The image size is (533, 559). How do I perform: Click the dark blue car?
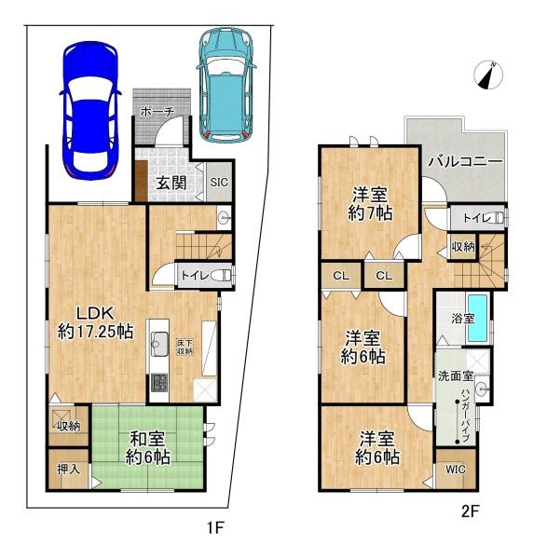pyautogui.click(x=90, y=110)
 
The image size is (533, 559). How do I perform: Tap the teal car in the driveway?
pyautogui.click(x=225, y=86)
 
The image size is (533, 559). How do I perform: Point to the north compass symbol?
pyautogui.click(x=488, y=75)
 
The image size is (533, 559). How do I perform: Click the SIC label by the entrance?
pyautogui.click(x=219, y=183)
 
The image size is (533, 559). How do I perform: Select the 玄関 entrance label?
pyautogui.click(x=171, y=184)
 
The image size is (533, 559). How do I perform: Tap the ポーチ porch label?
pyautogui.click(x=157, y=112)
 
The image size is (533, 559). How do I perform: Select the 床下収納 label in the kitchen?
pyautogui.click(x=184, y=347)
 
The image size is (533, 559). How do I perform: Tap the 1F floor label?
pyautogui.click(x=215, y=527)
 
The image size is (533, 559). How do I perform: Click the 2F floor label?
pyautogui.click(x=470, y=511)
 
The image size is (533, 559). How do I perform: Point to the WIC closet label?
pyautogui.click(x=456, y=470)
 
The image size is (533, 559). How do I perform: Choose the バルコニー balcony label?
pyautogui.click(x=465, y=162)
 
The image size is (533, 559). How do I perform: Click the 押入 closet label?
pyautogui.click(x=68, y=470)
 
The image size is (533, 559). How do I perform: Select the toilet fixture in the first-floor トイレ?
pyautogui.click(x=222, y=275)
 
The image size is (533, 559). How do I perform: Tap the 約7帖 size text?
pyautogui.click(x=370, y=213)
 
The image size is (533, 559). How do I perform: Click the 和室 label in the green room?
pyautogui.click(x=147, y=439)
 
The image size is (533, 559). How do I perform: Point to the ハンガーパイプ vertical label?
pyautogui.click(x=465, y=416)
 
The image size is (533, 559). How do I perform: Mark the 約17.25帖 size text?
pyautogui.click(x=95, y=332)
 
